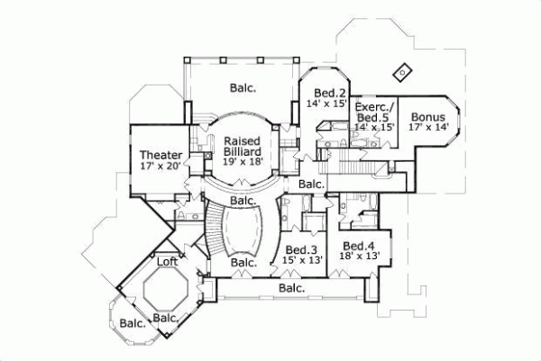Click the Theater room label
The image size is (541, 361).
pyautogui.click(x=160, y=155)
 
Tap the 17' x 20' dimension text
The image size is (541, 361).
pyautogui.click(x=160, y=167)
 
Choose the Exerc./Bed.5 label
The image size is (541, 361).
pyautogui.click(x=373, y=111)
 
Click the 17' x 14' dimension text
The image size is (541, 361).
pyautogui.click(x=427, y=128)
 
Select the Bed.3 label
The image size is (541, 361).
pyautogui.click(x=300, y=249)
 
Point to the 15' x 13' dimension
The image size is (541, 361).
pyautogui.click(x=303, y=260)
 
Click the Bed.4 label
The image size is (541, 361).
pyautogui.click(x=358, y=245)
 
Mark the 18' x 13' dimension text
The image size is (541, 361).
pyautogui.click(x=358, y=257)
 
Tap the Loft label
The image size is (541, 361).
pyautogui.click(x=168, y=263)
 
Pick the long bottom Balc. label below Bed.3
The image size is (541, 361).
pyautogui.click(x=290, y=289)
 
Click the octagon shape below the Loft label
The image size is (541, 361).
pyautogui.click(x=163, y=290)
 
